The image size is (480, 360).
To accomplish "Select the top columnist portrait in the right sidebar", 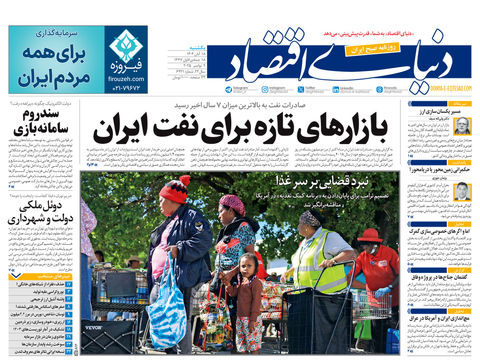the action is [461, 126].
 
